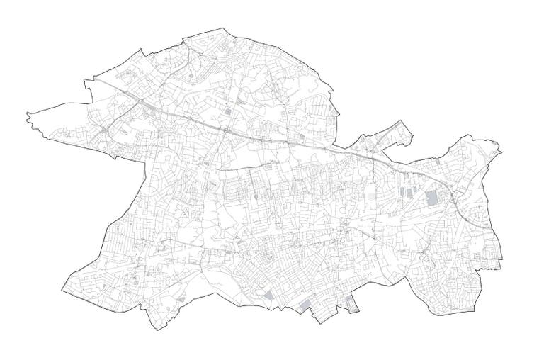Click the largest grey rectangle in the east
coord(431,198)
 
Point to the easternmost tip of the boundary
coord(501,150)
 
